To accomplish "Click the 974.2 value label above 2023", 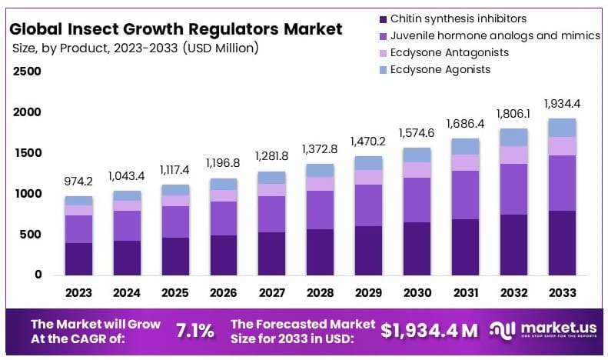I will point(78,182).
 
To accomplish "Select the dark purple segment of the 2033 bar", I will point(562,242).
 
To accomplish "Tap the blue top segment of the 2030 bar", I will point(417,155).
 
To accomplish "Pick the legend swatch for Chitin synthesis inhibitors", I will point(382,18).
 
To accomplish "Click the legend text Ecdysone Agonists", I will point(440,69).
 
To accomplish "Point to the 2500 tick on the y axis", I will point(27,72).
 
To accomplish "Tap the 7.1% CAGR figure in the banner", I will point(195,332).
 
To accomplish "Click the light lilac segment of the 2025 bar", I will point(175,200).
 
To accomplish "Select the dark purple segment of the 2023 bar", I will point(78,258).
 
